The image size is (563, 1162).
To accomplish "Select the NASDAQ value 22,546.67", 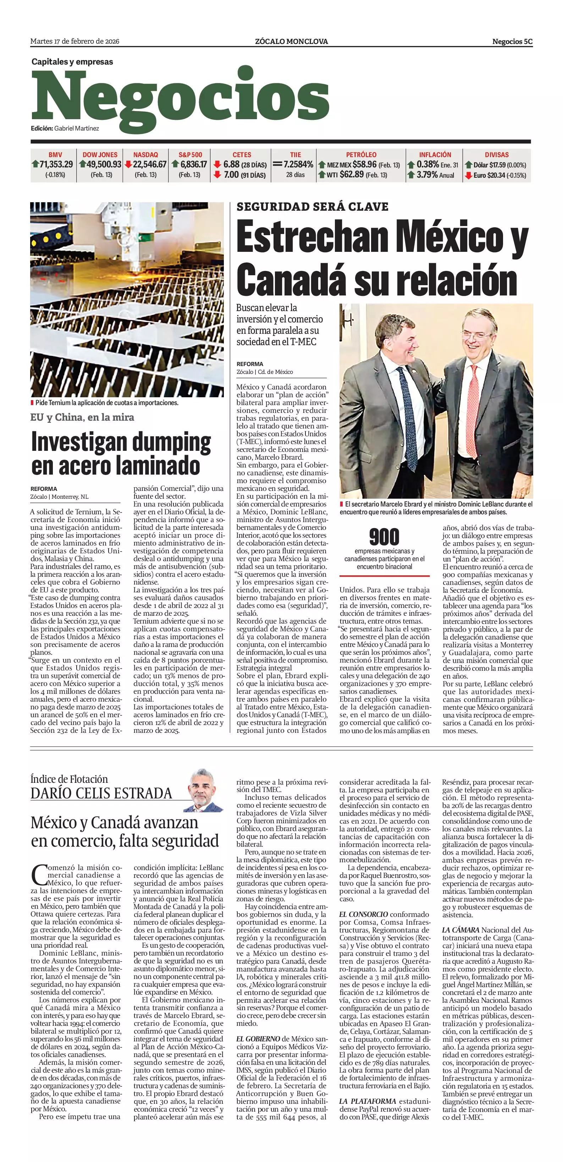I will [149, 165].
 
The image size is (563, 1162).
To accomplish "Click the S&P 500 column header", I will [191, 155].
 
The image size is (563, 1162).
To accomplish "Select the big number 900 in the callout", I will [384, 537].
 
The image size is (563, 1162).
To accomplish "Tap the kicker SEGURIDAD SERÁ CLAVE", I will [312, 207].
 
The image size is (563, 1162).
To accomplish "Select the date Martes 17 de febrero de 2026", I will [75, 41].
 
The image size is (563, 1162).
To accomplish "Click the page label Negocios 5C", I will [512, 42].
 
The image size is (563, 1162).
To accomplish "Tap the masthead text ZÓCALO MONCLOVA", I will [291, 42].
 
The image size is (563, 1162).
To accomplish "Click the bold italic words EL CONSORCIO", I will [363, 914].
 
